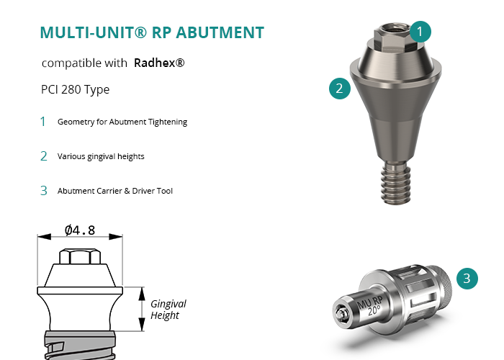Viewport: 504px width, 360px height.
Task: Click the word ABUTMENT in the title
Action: (220, 32)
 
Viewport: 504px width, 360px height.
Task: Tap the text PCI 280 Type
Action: (75, 89)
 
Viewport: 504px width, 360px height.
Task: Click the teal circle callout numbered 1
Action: (420, 32)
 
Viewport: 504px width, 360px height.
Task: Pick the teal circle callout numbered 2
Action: (340, 89)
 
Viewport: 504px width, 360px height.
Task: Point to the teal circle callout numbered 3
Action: (467, 279)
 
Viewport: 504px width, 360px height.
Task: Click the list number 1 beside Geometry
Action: (43, 122)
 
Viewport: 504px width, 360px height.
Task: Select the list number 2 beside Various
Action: (44, 156)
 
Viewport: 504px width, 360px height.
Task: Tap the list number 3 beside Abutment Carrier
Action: (44, 191)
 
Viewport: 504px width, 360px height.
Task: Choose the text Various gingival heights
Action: (101, 156)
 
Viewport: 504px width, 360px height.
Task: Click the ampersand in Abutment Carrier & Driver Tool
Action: (127, 191)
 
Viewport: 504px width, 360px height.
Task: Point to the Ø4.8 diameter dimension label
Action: (80, 230)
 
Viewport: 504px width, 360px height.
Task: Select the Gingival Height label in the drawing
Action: (168, 310)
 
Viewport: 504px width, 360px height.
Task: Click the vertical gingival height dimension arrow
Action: (142, 309)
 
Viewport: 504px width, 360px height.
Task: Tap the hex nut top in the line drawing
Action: (80, 256)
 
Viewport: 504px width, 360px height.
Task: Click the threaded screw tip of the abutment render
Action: (396, 183)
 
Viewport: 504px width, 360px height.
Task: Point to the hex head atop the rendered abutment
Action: (393, 37)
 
